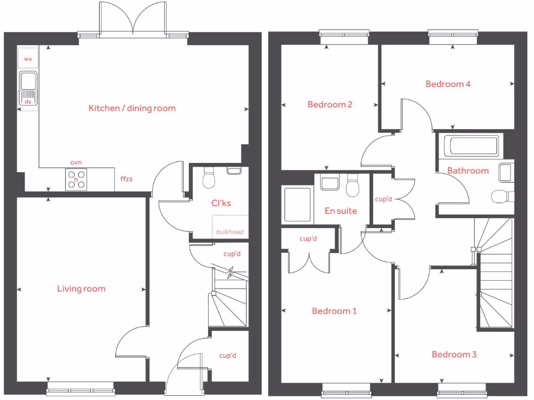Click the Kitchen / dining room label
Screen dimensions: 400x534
click(x=132, y=108)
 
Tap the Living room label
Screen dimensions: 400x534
click(x=81, y=289)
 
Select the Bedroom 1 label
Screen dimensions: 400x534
click(x=334, y=311)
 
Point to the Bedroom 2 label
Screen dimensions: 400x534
click(x=330, y=104)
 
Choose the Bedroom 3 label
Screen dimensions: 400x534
click(x=454, y=354)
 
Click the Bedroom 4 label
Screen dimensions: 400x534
click(x=448, y=84)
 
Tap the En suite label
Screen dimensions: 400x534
click(x=341, y=211)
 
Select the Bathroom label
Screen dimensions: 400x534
click(x=468, y=170)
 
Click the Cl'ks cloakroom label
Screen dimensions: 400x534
click(x=221, y=203)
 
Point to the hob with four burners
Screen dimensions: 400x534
click(x=76, y=180)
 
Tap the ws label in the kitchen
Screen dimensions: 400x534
click(x=28, y=59)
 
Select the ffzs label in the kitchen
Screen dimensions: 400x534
click(x=126, y=179)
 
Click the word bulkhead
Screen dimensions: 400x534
click(x=230, y=231)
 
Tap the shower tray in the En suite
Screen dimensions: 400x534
click(x=297, y=205)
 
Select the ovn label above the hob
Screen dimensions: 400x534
click(x=76, y=163)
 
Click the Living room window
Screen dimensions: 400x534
click(x=80, y=388)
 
